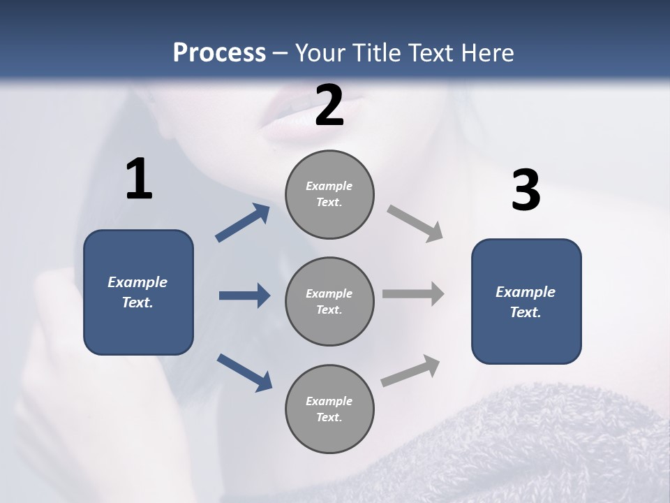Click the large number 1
(139, 180)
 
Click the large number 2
(329, 105)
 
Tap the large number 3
(526, 190)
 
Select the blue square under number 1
(138, 292)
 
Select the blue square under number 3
(526, 302)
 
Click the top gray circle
(329, 194)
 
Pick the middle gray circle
(329, 301)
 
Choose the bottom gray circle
(329, 409)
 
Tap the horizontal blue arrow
(244, 296)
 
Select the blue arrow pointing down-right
(244, 372)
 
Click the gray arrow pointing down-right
(415, 224)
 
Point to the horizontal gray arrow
(413, 294)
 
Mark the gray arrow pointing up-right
(411, 370)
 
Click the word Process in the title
(219, 52)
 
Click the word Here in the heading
(487, 52)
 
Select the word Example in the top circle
(329, 186)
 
